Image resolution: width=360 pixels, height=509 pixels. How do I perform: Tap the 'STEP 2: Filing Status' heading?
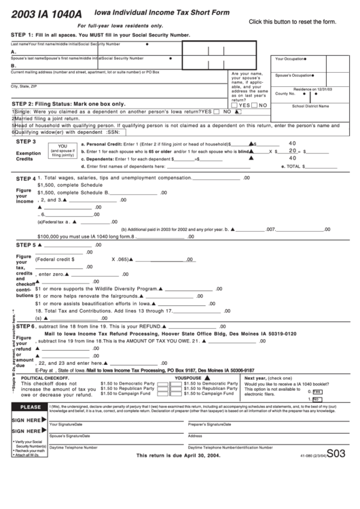69,103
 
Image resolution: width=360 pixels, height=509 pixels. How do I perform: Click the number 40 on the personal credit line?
293,143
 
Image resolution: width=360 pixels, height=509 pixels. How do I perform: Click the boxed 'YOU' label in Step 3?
63,146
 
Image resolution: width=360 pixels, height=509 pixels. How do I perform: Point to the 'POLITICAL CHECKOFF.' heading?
46,378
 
